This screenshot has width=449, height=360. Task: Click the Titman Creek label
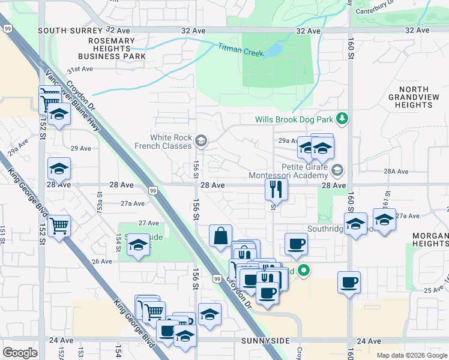(241, 49)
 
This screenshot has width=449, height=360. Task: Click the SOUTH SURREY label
(59, 30)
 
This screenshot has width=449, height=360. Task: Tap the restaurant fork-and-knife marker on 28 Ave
(276, 189)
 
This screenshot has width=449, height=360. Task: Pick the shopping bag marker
(221, 235)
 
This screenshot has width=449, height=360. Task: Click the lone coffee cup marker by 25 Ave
(349, 281)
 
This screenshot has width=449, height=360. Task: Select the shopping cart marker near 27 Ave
(59, 226)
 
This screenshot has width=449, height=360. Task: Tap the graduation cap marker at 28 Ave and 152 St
(59, 169)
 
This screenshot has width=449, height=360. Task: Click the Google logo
(20, 353)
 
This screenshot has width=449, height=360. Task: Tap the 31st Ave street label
(80, 69)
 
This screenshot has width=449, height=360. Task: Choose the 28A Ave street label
(396, 171)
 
